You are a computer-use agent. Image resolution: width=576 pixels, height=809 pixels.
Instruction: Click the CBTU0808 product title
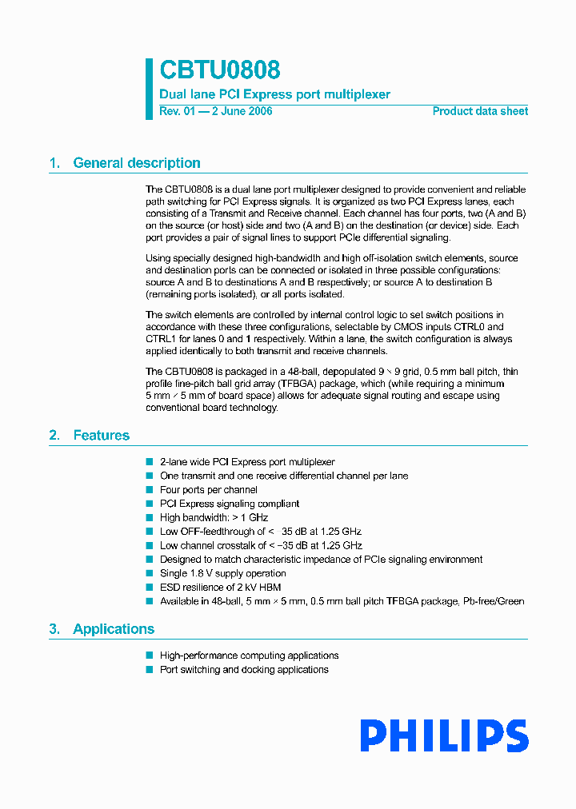click(219, 71)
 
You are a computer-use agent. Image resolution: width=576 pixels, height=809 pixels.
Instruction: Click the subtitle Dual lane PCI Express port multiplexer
click(274, 94)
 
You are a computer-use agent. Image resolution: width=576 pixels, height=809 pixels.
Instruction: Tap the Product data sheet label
click(480, 111)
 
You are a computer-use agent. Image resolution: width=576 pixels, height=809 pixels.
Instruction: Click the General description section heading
click(136, 163)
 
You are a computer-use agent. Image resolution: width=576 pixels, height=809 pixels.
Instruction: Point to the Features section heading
click(101, 436)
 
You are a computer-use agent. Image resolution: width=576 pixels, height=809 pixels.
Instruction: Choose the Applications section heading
click(114, 629)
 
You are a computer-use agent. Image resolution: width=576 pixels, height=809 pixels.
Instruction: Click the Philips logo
click(443, 735)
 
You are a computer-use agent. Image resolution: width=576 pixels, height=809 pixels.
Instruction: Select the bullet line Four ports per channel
click(208, 490)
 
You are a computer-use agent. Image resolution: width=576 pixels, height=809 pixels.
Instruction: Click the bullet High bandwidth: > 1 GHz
click(214, 518)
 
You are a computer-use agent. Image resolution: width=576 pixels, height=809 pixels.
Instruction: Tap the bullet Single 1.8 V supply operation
click(222, 573)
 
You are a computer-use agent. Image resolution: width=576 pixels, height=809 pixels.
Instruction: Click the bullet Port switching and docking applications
click(244, 670)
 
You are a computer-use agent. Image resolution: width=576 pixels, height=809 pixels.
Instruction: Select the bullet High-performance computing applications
click(249, 656)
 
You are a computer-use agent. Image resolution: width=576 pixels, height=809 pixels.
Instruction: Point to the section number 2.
click(54, 436)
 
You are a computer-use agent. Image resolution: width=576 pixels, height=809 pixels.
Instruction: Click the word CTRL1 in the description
click(159, 339)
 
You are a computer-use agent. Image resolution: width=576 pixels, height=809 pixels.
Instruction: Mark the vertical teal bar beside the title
click(149, 89)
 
